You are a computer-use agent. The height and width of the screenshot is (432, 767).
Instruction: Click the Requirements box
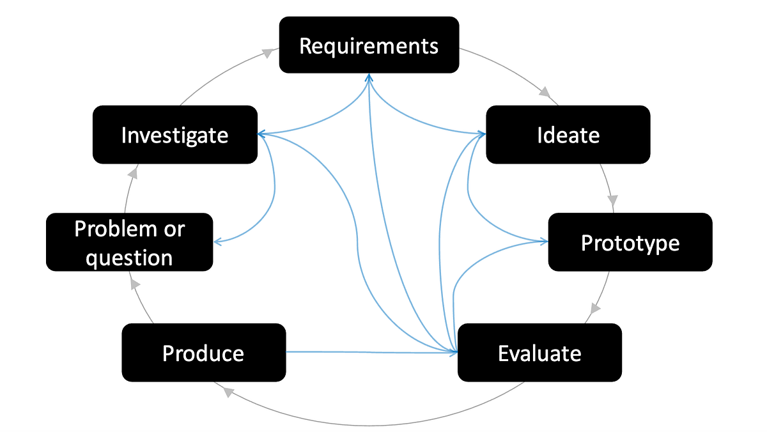coord(369,45)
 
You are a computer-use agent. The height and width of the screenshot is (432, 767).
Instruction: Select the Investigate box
coord(175,135)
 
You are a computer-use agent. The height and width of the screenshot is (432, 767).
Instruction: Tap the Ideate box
coord(568,135)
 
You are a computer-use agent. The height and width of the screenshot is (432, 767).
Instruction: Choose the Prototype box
coord(630,242)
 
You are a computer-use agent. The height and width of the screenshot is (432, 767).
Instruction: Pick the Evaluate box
coord(539,353)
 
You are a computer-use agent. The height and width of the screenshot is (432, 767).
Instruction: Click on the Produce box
coord(203,353)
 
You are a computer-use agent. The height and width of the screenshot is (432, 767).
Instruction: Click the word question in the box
coord(129,258)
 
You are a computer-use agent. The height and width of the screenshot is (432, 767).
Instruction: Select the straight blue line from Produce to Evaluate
coord(371,351)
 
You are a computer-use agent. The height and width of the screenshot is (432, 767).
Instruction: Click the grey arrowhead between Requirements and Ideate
coord(545,93)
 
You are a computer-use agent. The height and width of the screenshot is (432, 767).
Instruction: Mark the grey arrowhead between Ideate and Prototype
coord(612,199)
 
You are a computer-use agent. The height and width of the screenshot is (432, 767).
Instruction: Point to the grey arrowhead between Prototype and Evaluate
coord(594,309)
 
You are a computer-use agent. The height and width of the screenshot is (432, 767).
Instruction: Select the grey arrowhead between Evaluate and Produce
coord(228,392)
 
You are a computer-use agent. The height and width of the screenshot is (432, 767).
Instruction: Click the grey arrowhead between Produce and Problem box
coord(134,282)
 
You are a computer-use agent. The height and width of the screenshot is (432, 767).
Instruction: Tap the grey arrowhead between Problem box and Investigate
coord(132,173)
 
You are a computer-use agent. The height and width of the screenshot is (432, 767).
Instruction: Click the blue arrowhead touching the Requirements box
coord(369,77)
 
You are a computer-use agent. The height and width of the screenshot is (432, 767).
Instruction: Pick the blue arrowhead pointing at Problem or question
coord(218,242)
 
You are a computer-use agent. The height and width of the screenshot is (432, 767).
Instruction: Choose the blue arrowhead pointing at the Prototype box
coord(544,242)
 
